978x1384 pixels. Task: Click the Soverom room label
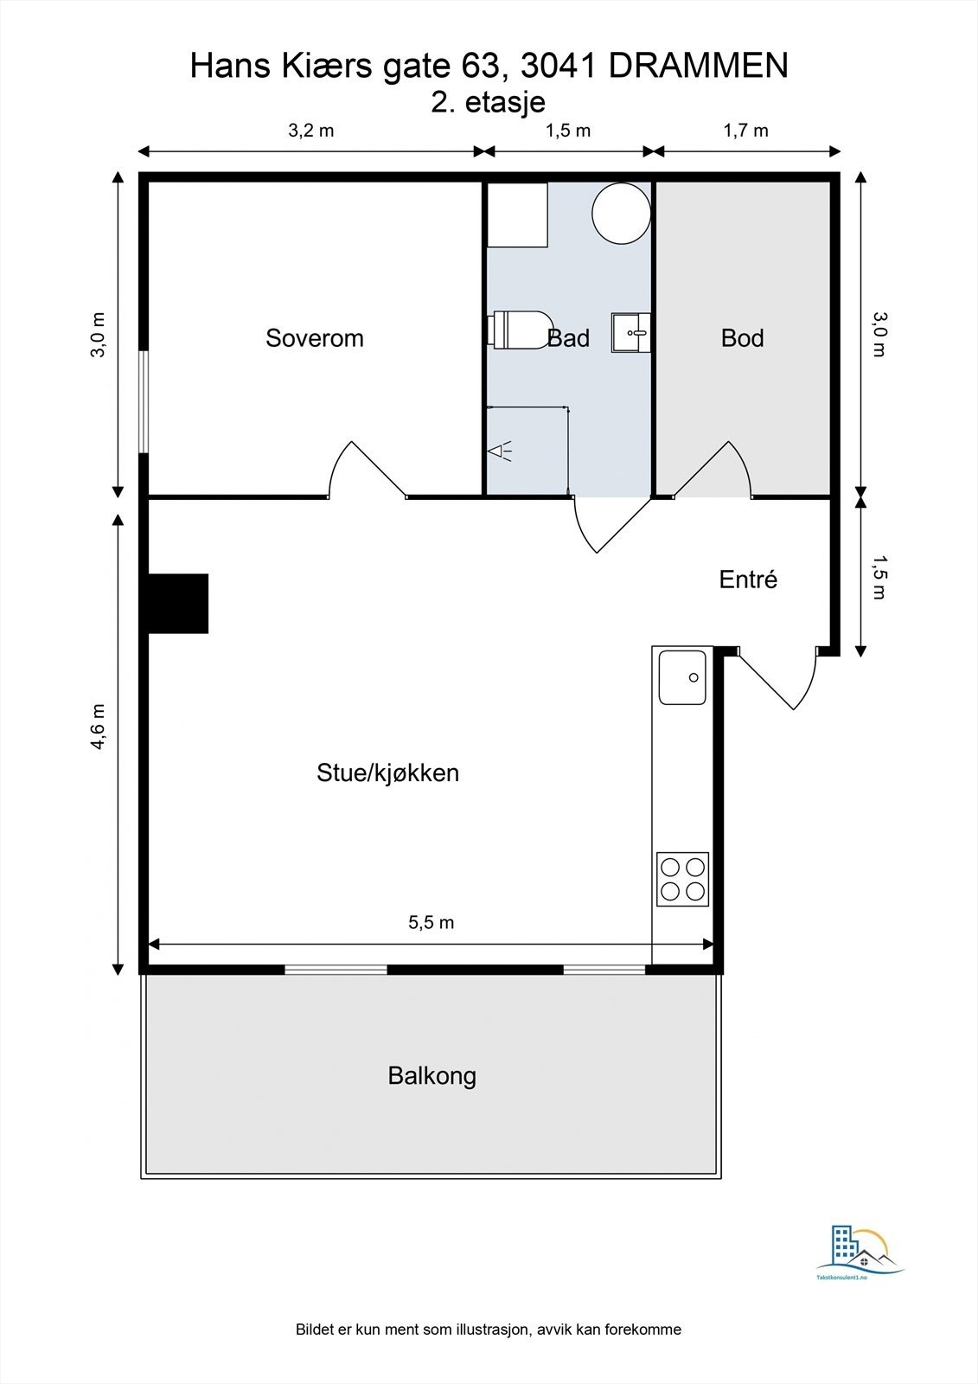coord(314,338)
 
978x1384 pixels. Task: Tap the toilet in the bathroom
coord(519,330)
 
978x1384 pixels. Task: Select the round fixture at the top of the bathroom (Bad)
coord(621,213)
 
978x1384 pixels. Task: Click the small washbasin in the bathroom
coord(630,333)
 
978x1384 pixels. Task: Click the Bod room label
coord(742,338)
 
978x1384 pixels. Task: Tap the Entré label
coord(748,580)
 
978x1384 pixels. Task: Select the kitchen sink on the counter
coord(682,677)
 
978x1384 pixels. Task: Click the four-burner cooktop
coord(683,879)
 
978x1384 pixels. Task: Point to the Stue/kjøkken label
coord(387,772)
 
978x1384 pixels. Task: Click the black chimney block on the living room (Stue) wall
coord(179,603)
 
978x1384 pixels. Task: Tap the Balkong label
coord(431,1076)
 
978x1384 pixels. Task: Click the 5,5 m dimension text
coord(431,922)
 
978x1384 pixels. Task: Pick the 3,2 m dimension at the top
coord(310,131)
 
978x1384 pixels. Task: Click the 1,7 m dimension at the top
coord(745,131)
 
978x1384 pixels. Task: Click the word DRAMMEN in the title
coord(699,66)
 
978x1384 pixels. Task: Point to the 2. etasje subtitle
coord(489,102)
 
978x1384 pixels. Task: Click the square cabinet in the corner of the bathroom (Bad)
coord(517,215)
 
